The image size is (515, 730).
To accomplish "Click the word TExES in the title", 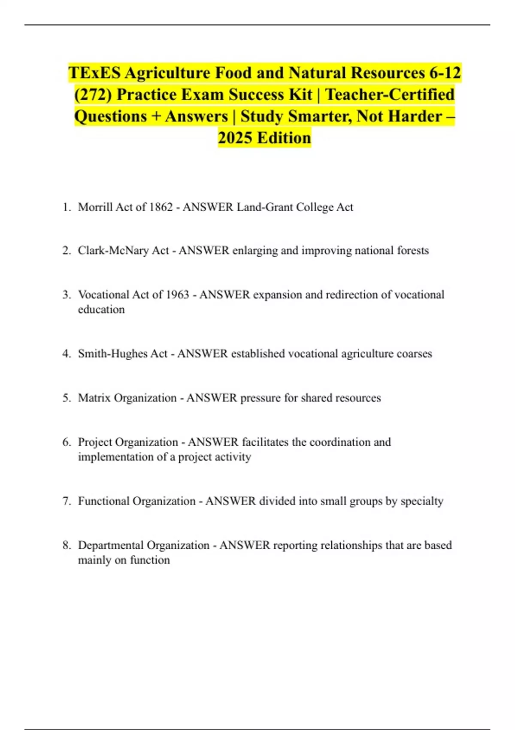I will tap(94, 73).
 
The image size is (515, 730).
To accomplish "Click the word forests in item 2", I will tap(413, 250).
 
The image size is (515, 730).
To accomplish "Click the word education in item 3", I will tap(101, 310).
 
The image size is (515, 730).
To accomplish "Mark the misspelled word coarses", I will tap(414, 353).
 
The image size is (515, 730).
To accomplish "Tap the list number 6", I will tap(66, 442).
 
